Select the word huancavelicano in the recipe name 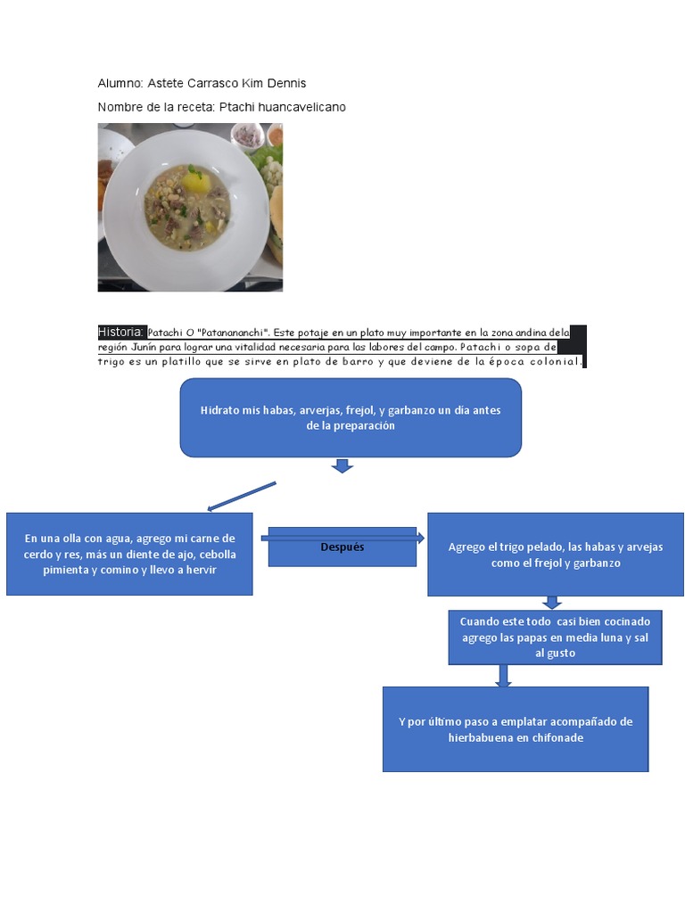pos(302,107)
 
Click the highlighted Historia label pos(120,332)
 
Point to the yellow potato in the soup pos(197,183)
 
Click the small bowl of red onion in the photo pos(246,136)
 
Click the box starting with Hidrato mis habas pos(351,417)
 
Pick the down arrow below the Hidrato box pos(342,465)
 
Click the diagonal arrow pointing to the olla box pos(242,497)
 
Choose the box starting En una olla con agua pos(129,554)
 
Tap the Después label pos(342,547)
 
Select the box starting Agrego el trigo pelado pos(555,554)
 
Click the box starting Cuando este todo pos(555,637)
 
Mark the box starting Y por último pos(516,728)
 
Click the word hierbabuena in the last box pos(480,737)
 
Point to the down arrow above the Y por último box pos(504,676)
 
